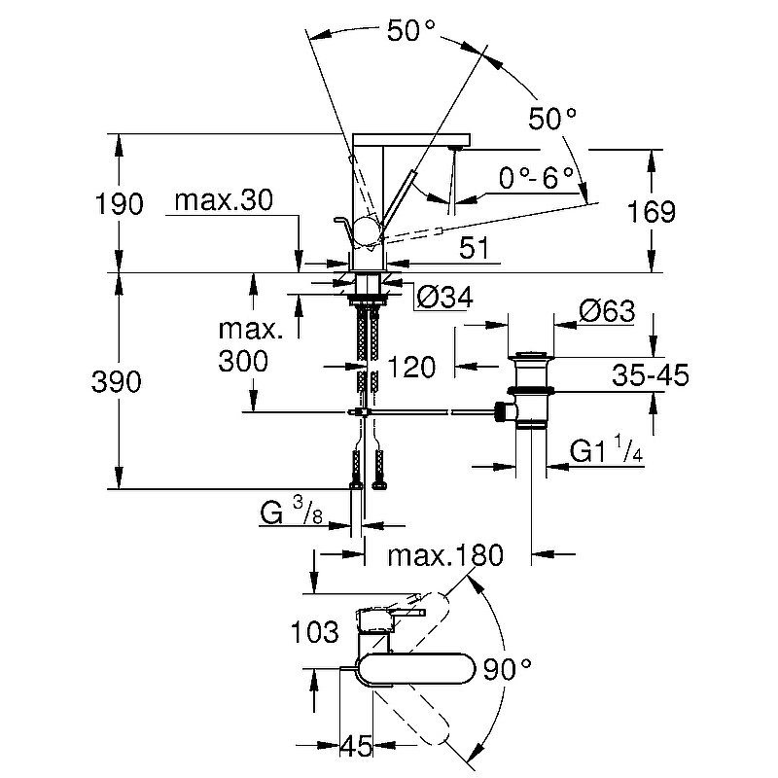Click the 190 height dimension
(120, 204)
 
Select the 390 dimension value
(120, 382)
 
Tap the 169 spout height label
(649, 212)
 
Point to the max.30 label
(223, 201)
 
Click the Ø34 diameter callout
(443, 299)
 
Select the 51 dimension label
(473, 248)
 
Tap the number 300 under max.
(243, 362)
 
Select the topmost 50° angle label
(409, 31)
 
